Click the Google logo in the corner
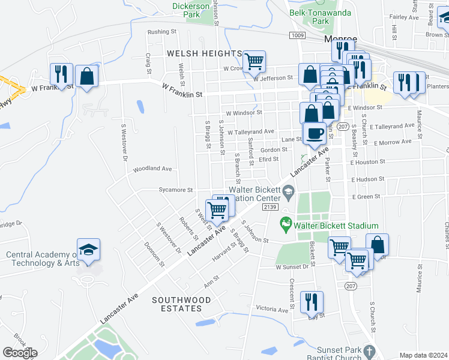click(x=20, y=353)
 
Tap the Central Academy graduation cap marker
click(x=88, y=250)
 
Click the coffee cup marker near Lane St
click(x=314, y=133)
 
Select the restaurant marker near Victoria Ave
click(x=311, y=302)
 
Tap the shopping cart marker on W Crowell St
click(x=255, y=61)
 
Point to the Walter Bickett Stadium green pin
click(x=286, y=226)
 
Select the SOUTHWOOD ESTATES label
click(x=176, y=304)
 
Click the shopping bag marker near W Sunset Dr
click(x=377, y=244)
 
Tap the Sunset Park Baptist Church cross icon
click(x=370, y=350)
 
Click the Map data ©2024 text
click(x=423, y=355)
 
